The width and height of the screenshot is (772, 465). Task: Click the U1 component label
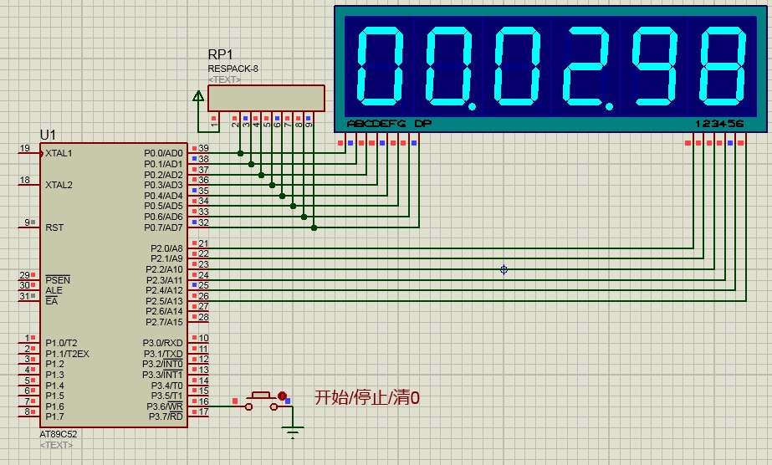point(48,135)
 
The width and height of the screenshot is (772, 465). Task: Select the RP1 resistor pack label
point(220,54)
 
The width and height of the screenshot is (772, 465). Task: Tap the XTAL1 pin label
point(59,154)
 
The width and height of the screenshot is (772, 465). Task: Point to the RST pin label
point(54,227)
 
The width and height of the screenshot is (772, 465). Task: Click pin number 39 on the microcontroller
point(203,148)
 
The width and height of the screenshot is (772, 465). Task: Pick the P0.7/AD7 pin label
point(163,227)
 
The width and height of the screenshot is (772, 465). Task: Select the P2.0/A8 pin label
point(166,248)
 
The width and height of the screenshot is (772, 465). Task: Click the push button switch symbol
point(261,400)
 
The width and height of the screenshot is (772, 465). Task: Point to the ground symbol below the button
point(293,433)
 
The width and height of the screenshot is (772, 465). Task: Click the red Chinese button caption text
point(366,398)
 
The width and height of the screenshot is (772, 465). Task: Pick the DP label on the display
point(423,124)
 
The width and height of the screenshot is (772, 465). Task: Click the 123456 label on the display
point(719,124)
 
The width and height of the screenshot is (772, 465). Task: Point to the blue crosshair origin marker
point(504,269)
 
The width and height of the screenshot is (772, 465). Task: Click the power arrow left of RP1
point(198,98)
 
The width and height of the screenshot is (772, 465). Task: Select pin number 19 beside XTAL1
point(24,149)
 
